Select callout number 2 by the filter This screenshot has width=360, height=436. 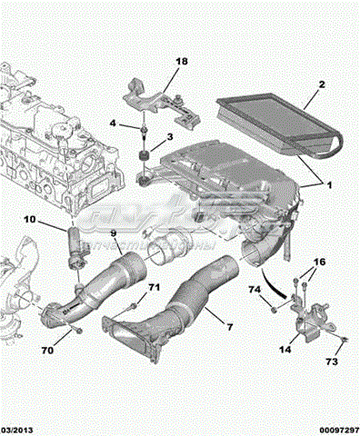[321, 85]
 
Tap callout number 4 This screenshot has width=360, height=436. [112, 123]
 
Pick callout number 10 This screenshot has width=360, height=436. [29, 219]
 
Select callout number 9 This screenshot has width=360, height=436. [115, 233]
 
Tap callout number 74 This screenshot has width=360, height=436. [255, 290]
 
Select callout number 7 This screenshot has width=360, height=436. [229, 324]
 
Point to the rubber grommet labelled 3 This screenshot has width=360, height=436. [141, 162]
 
